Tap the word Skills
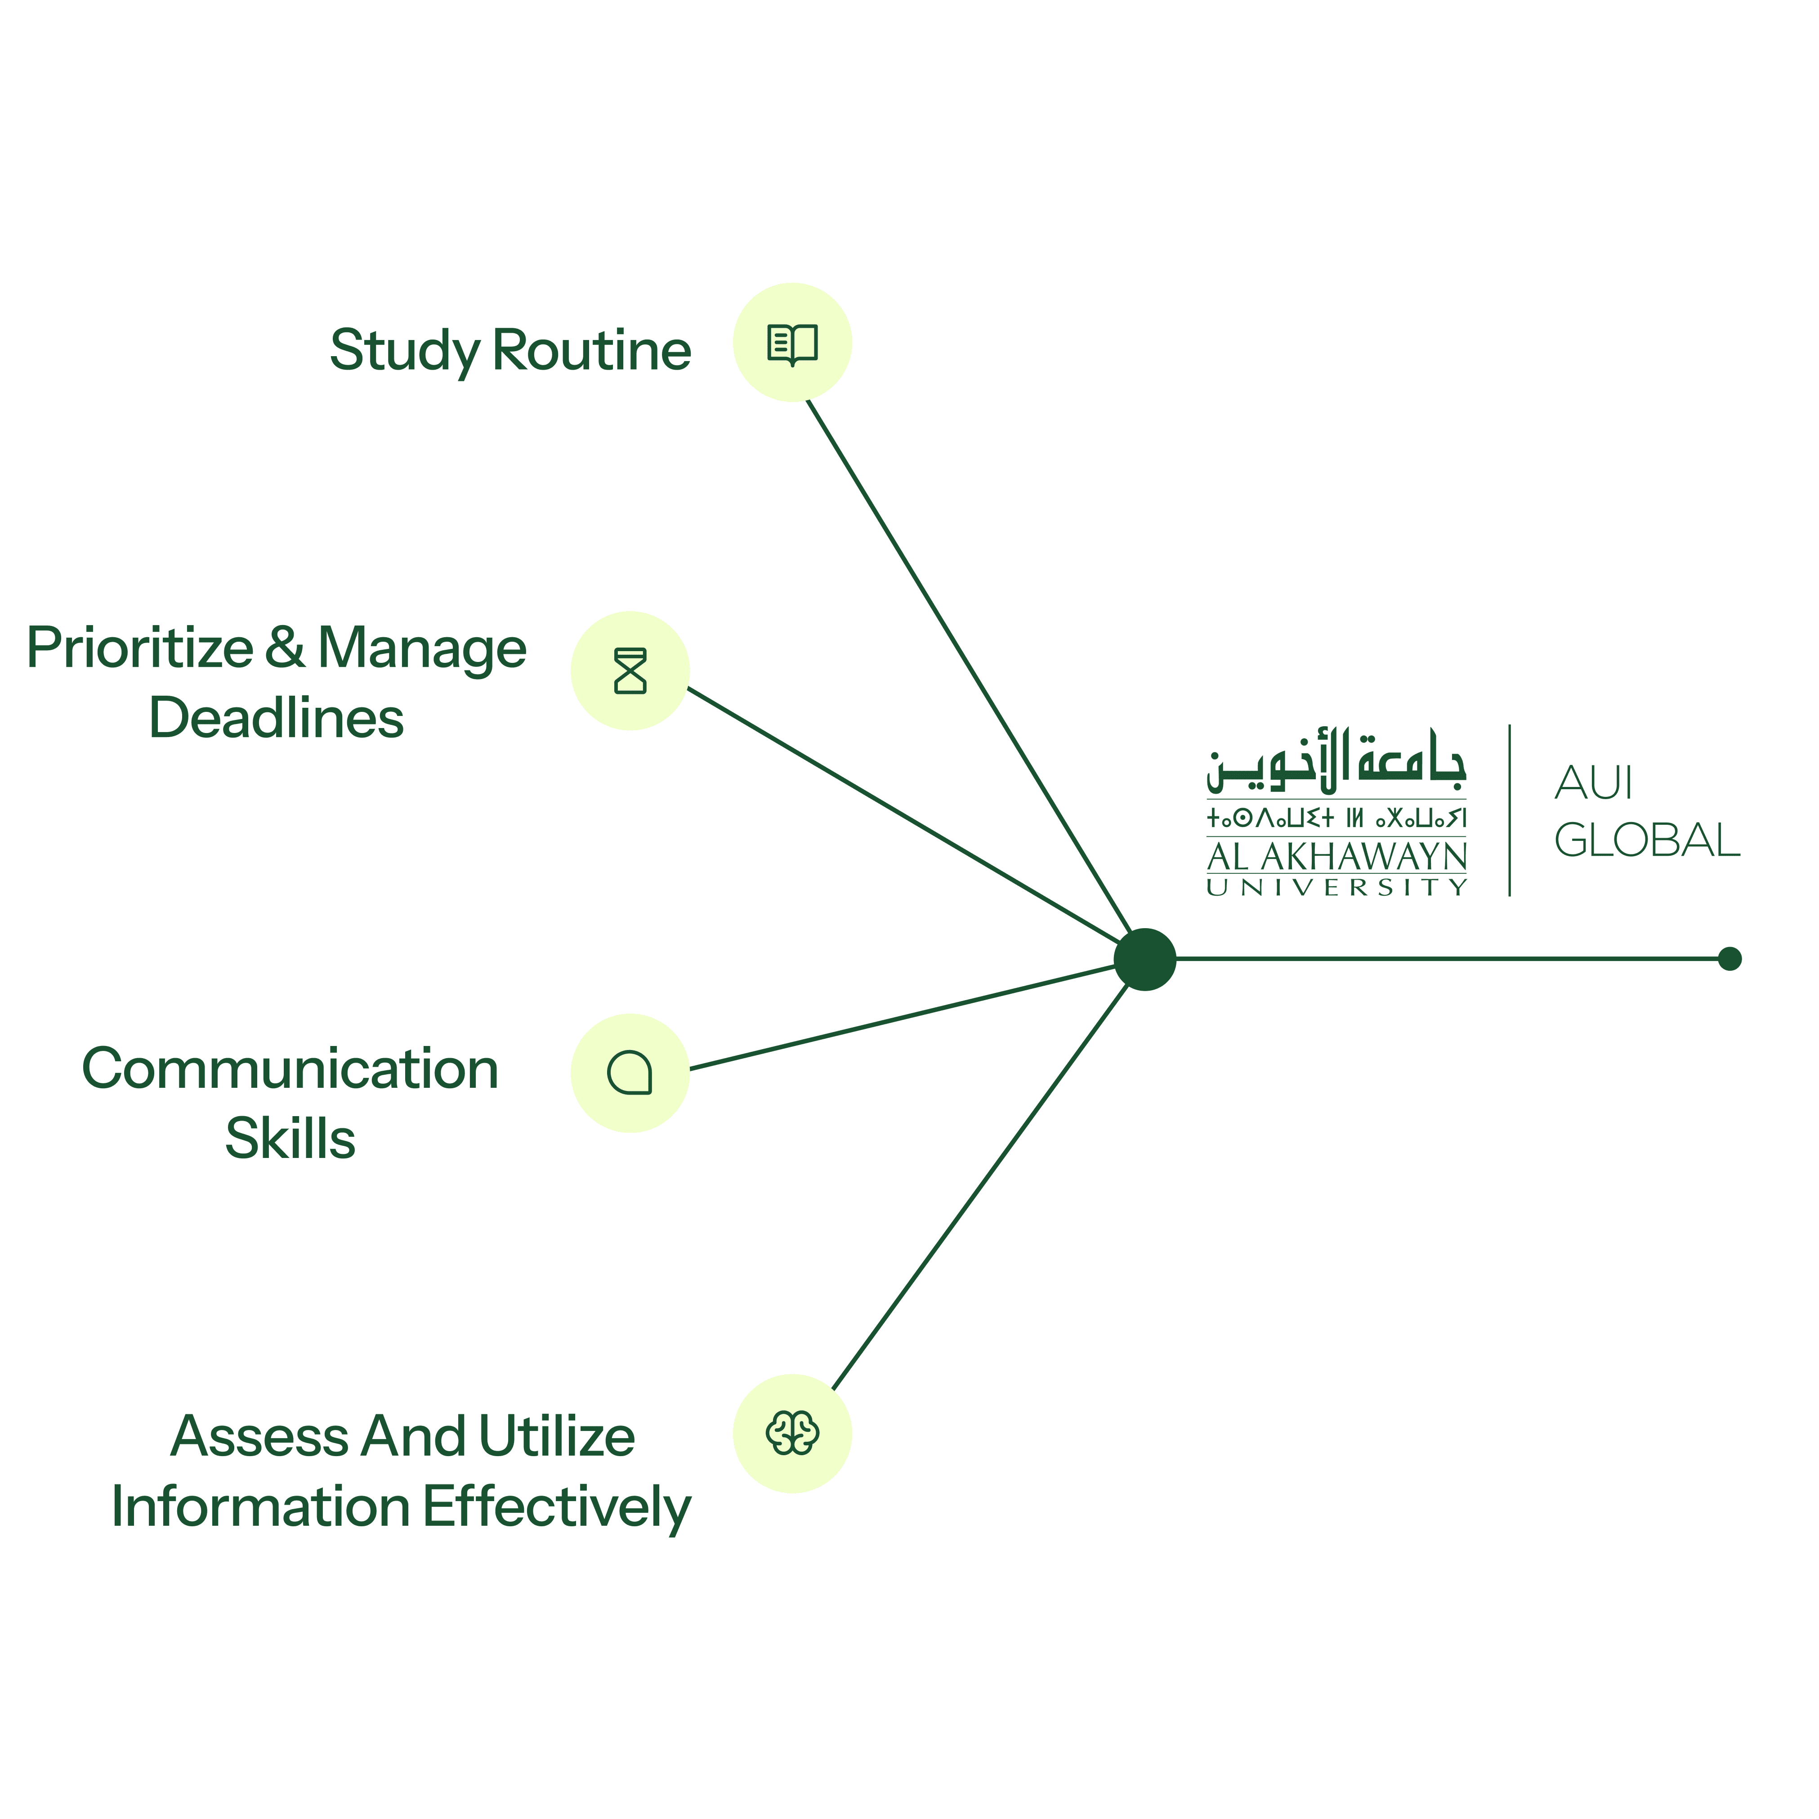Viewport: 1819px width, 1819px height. pyautogui.click(x=290, y=1139)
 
